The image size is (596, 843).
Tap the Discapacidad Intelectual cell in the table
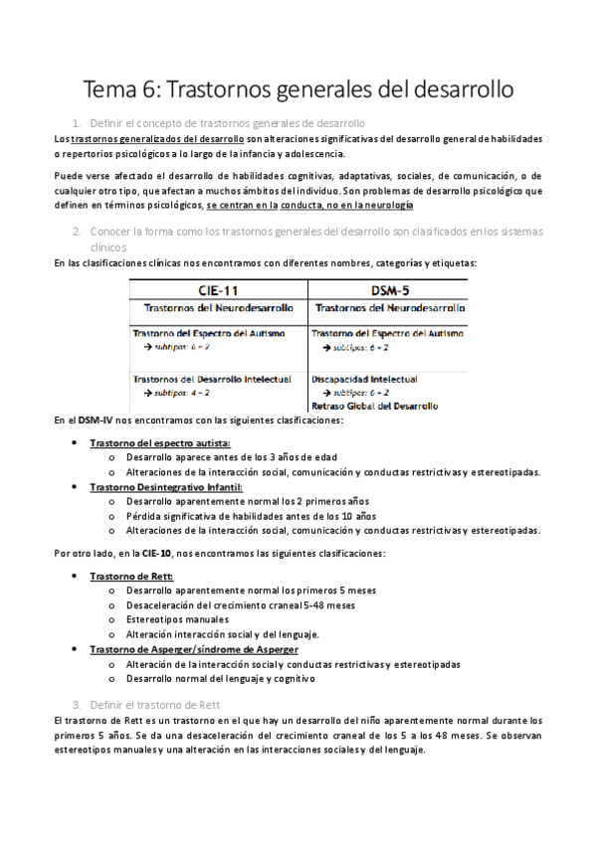click(364, 379)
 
